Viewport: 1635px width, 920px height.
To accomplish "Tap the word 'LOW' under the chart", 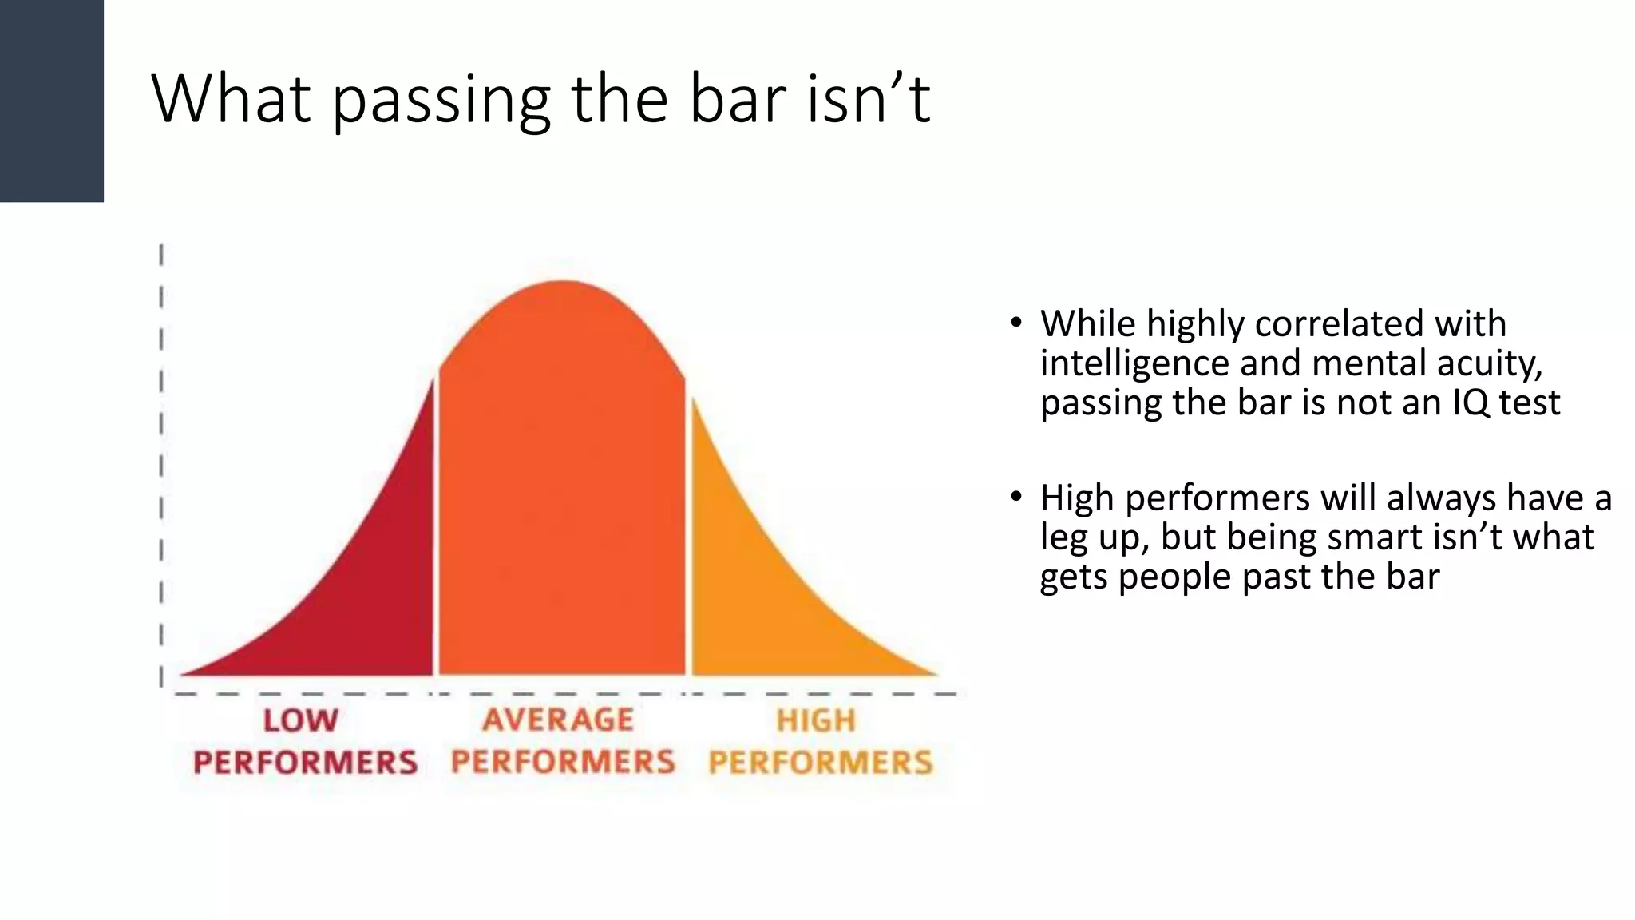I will coord(301,720).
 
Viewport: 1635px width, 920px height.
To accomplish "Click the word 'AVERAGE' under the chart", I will coord(558,720).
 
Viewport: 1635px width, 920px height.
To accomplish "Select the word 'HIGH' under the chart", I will coord(816,720).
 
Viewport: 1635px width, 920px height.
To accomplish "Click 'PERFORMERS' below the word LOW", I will coord(305,762).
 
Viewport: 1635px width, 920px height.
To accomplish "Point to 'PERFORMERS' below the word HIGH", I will coord(821,762).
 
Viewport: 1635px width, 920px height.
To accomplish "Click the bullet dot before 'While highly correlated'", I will coord(1015,323).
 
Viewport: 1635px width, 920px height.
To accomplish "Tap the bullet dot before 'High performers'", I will coord(1015,498).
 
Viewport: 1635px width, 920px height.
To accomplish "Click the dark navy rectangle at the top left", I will coord(51,101).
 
